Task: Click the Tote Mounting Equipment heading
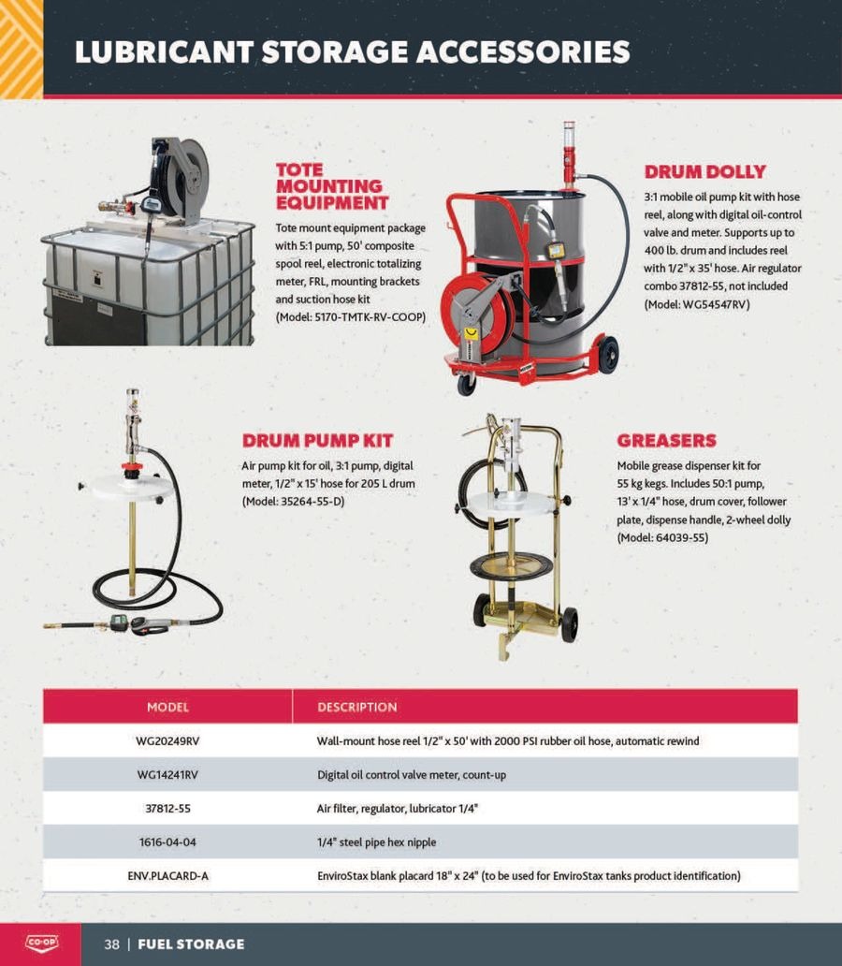tap(331, 186)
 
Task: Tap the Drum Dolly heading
tap(704, 171)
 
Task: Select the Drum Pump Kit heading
tap(317, 441)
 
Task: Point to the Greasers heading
tap(666, 441)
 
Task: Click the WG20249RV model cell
tap(167, 741)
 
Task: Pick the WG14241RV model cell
tap(167, 774)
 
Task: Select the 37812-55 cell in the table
tap(167, 809)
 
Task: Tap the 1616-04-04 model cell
tap(167, 842)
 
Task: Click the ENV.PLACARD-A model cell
tap(167, 875)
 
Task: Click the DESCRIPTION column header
tap(357, 708)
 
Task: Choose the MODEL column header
tap(167, 708)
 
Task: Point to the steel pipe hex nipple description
tap(376, 842)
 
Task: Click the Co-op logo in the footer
tap(42, 944)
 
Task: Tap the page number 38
tap(111, 944)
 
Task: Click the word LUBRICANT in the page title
tap(164, 51)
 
